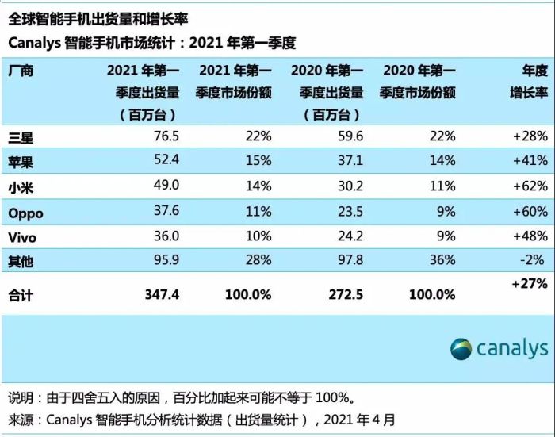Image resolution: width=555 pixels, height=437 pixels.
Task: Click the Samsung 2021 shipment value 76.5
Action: [x=163, y=136]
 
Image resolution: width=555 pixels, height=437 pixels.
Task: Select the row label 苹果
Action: [x=21, y=162]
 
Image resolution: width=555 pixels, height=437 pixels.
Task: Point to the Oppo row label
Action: [x=25, y=213]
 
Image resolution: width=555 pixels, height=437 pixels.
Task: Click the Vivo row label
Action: [x=23, y=237]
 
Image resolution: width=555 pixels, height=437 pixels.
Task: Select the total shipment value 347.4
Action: [x=161, y=294]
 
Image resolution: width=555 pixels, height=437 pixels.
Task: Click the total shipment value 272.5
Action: [x=346, y=294]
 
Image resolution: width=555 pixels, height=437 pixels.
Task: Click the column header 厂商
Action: [x=21, y=71]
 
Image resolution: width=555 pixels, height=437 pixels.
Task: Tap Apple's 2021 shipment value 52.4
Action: [x=163, y=162]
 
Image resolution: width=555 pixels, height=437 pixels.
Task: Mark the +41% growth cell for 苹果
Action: [x=529, y=162]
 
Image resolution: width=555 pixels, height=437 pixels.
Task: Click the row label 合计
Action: [x=21, y=295]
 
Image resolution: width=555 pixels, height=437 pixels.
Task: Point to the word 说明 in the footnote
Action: [x=22, y=397]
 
